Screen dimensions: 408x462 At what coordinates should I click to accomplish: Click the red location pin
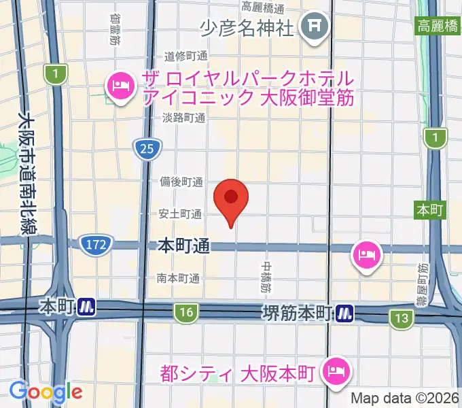pyautogui.click(x=231, y=199)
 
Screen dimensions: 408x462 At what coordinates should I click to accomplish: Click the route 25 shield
pyautogui.click(x=147, y=148)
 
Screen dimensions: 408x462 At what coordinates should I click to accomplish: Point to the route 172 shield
pyautogui.click(x=96, y=245)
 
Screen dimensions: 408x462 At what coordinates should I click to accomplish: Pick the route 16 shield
pyautogui.click(x=185, y=313)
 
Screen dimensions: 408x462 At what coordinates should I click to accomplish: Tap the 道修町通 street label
pyautogui.click(x=184, y=57)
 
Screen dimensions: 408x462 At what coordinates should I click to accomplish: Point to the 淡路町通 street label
pyautogui.click(x=183, y=118)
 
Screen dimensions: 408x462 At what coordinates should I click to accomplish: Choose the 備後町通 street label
pyautogui.click(x=181, y=182)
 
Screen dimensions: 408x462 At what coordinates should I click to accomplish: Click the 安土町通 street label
pyautogui.click(x=181, y=214)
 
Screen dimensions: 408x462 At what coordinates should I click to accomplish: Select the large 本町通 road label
pyautogui.click(x=182, y=245)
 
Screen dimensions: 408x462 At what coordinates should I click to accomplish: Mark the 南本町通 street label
pyautogui.click(x=178, y=277)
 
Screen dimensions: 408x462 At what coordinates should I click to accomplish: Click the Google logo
pyautogui.click(x=46, y=392)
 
